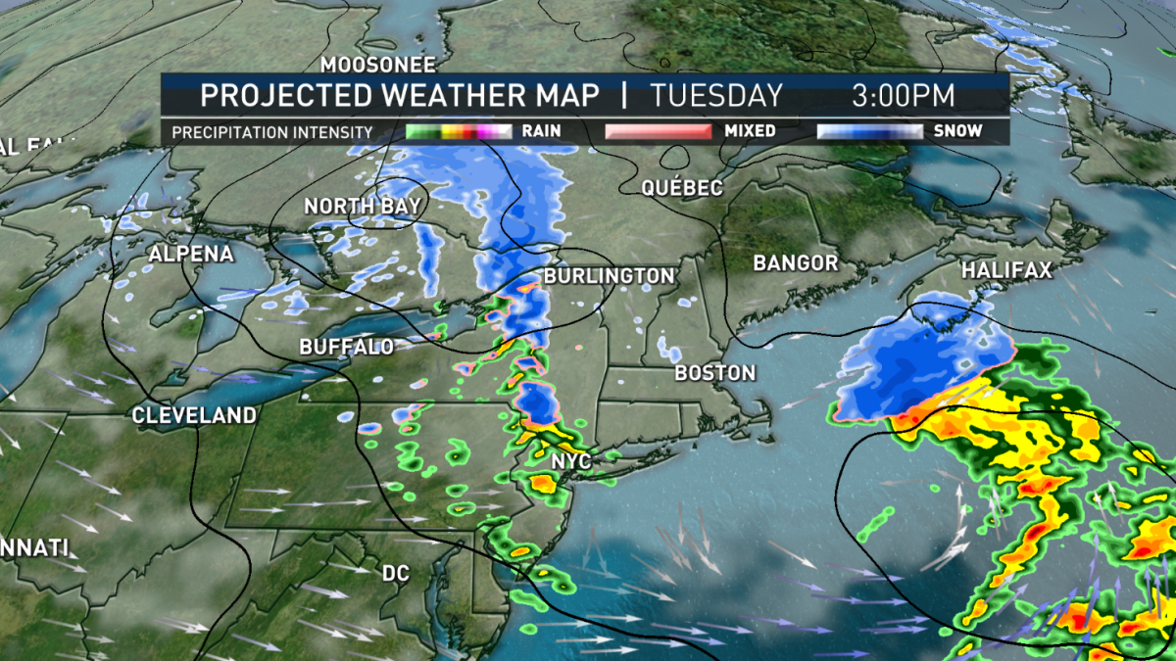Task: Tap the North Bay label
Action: click(362, 207)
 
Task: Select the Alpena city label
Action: click(191, 255)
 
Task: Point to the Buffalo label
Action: click(347, 347)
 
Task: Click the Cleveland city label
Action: click(194, 415)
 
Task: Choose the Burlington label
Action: click(610, 277)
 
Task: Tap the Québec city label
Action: click(682, 188)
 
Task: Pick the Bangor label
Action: click(796, 263)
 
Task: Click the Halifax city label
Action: click(1005, 270)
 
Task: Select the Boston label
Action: click(715, 373)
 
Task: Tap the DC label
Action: click(397, 573)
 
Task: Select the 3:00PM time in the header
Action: click(903, 96)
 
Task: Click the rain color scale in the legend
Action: click(459, 131)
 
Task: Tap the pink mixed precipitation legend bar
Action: click(658, 131)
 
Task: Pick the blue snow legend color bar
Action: click(870, 131)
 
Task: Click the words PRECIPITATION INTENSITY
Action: click(271, 131)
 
